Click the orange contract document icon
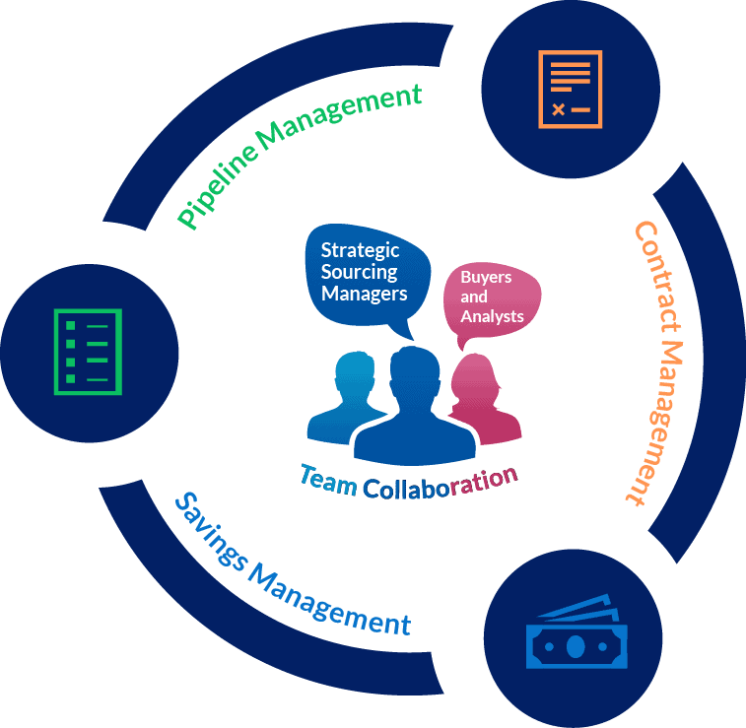571,89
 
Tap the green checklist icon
88,352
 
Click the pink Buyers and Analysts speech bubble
491,298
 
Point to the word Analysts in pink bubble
492,316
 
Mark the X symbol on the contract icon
558,109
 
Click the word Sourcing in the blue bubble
359,272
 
